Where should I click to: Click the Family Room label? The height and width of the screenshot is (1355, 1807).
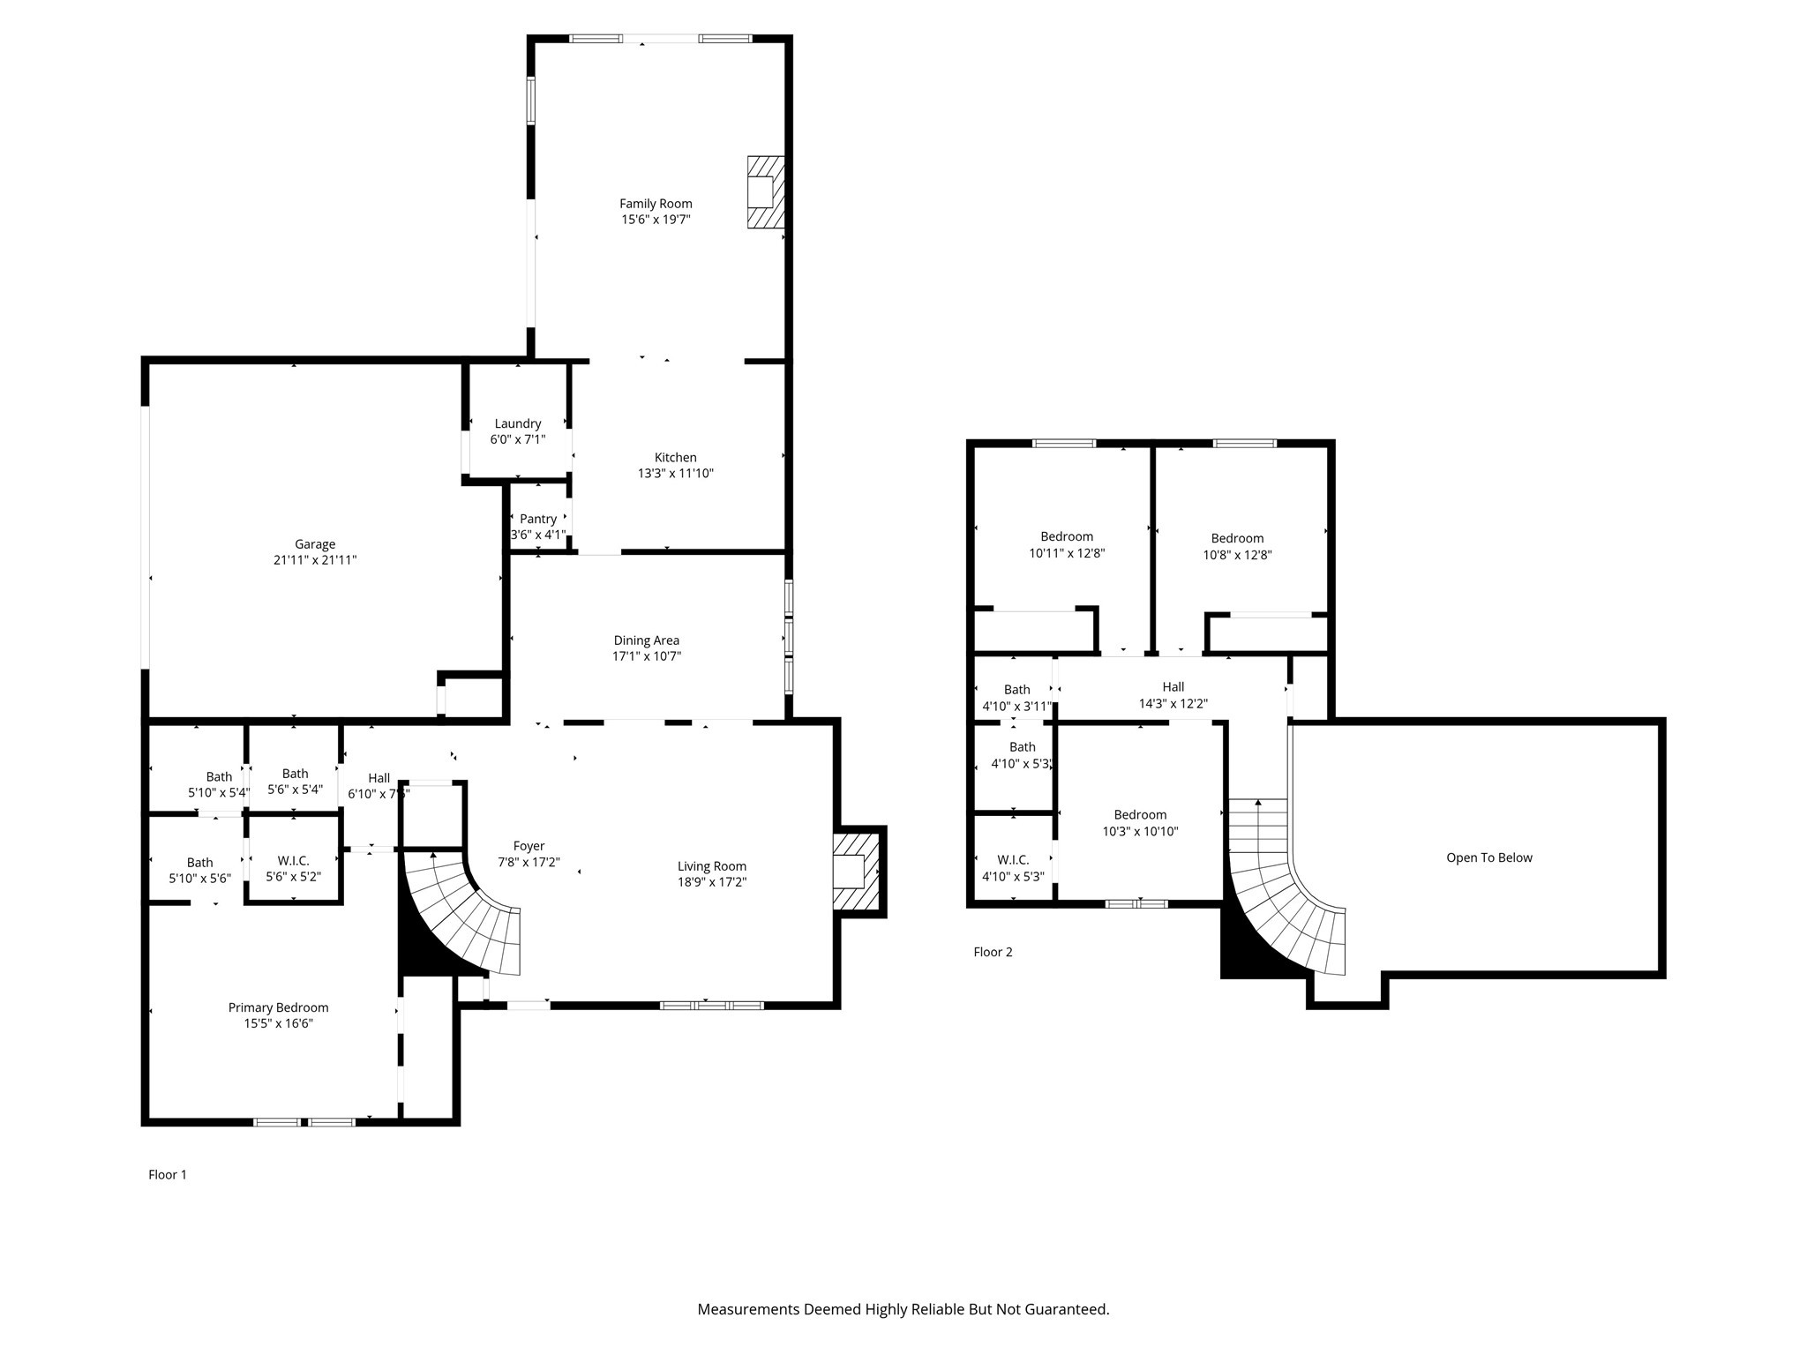656,204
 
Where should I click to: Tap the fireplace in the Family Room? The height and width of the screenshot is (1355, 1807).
765,192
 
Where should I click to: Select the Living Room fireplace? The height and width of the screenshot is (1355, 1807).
856,872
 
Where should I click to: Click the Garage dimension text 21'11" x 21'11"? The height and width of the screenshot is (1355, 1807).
315,560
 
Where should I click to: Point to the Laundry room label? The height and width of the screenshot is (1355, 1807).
518,423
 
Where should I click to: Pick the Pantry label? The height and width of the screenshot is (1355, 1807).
538,519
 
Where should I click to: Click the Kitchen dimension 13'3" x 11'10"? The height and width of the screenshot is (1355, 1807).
676,474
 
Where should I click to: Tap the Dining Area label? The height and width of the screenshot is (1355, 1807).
647,640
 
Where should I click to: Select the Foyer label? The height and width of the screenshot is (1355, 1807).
529,846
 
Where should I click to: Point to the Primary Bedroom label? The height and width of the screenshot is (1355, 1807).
278,1007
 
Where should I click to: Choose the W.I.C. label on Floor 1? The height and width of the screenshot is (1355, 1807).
293,860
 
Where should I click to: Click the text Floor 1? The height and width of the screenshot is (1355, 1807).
168,1175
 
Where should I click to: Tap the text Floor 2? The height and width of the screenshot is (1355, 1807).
993,952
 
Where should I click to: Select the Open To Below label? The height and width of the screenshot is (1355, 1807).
1489,857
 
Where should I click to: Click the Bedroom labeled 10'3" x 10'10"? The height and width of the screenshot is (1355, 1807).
1140,815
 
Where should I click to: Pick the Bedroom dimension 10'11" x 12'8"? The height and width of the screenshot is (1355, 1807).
1067,554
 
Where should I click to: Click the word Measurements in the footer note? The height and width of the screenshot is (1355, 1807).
748,1310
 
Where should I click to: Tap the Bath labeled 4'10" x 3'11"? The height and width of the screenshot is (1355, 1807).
1016,690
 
